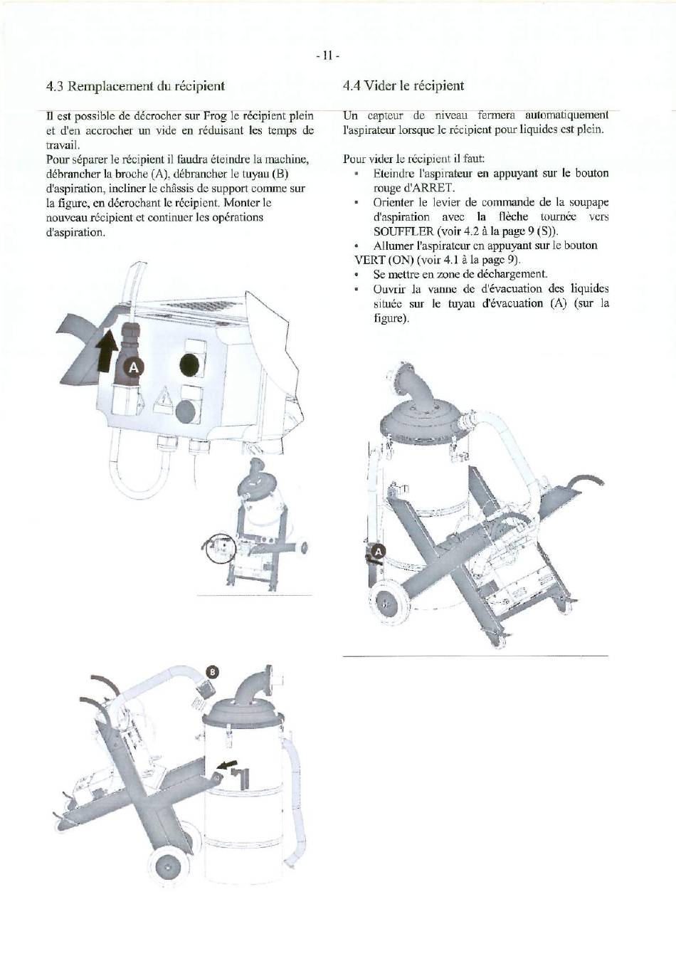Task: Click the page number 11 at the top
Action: click(327, 56)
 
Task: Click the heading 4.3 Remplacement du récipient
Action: click(135, 86)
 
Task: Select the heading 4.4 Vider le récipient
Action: click(403, 86)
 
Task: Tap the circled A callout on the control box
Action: click(134, 367)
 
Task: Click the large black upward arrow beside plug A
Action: click(106, 349)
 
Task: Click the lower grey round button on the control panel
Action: click(186, 411)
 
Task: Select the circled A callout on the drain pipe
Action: click(379, 552)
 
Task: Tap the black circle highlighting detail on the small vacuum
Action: click(221, 547)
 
